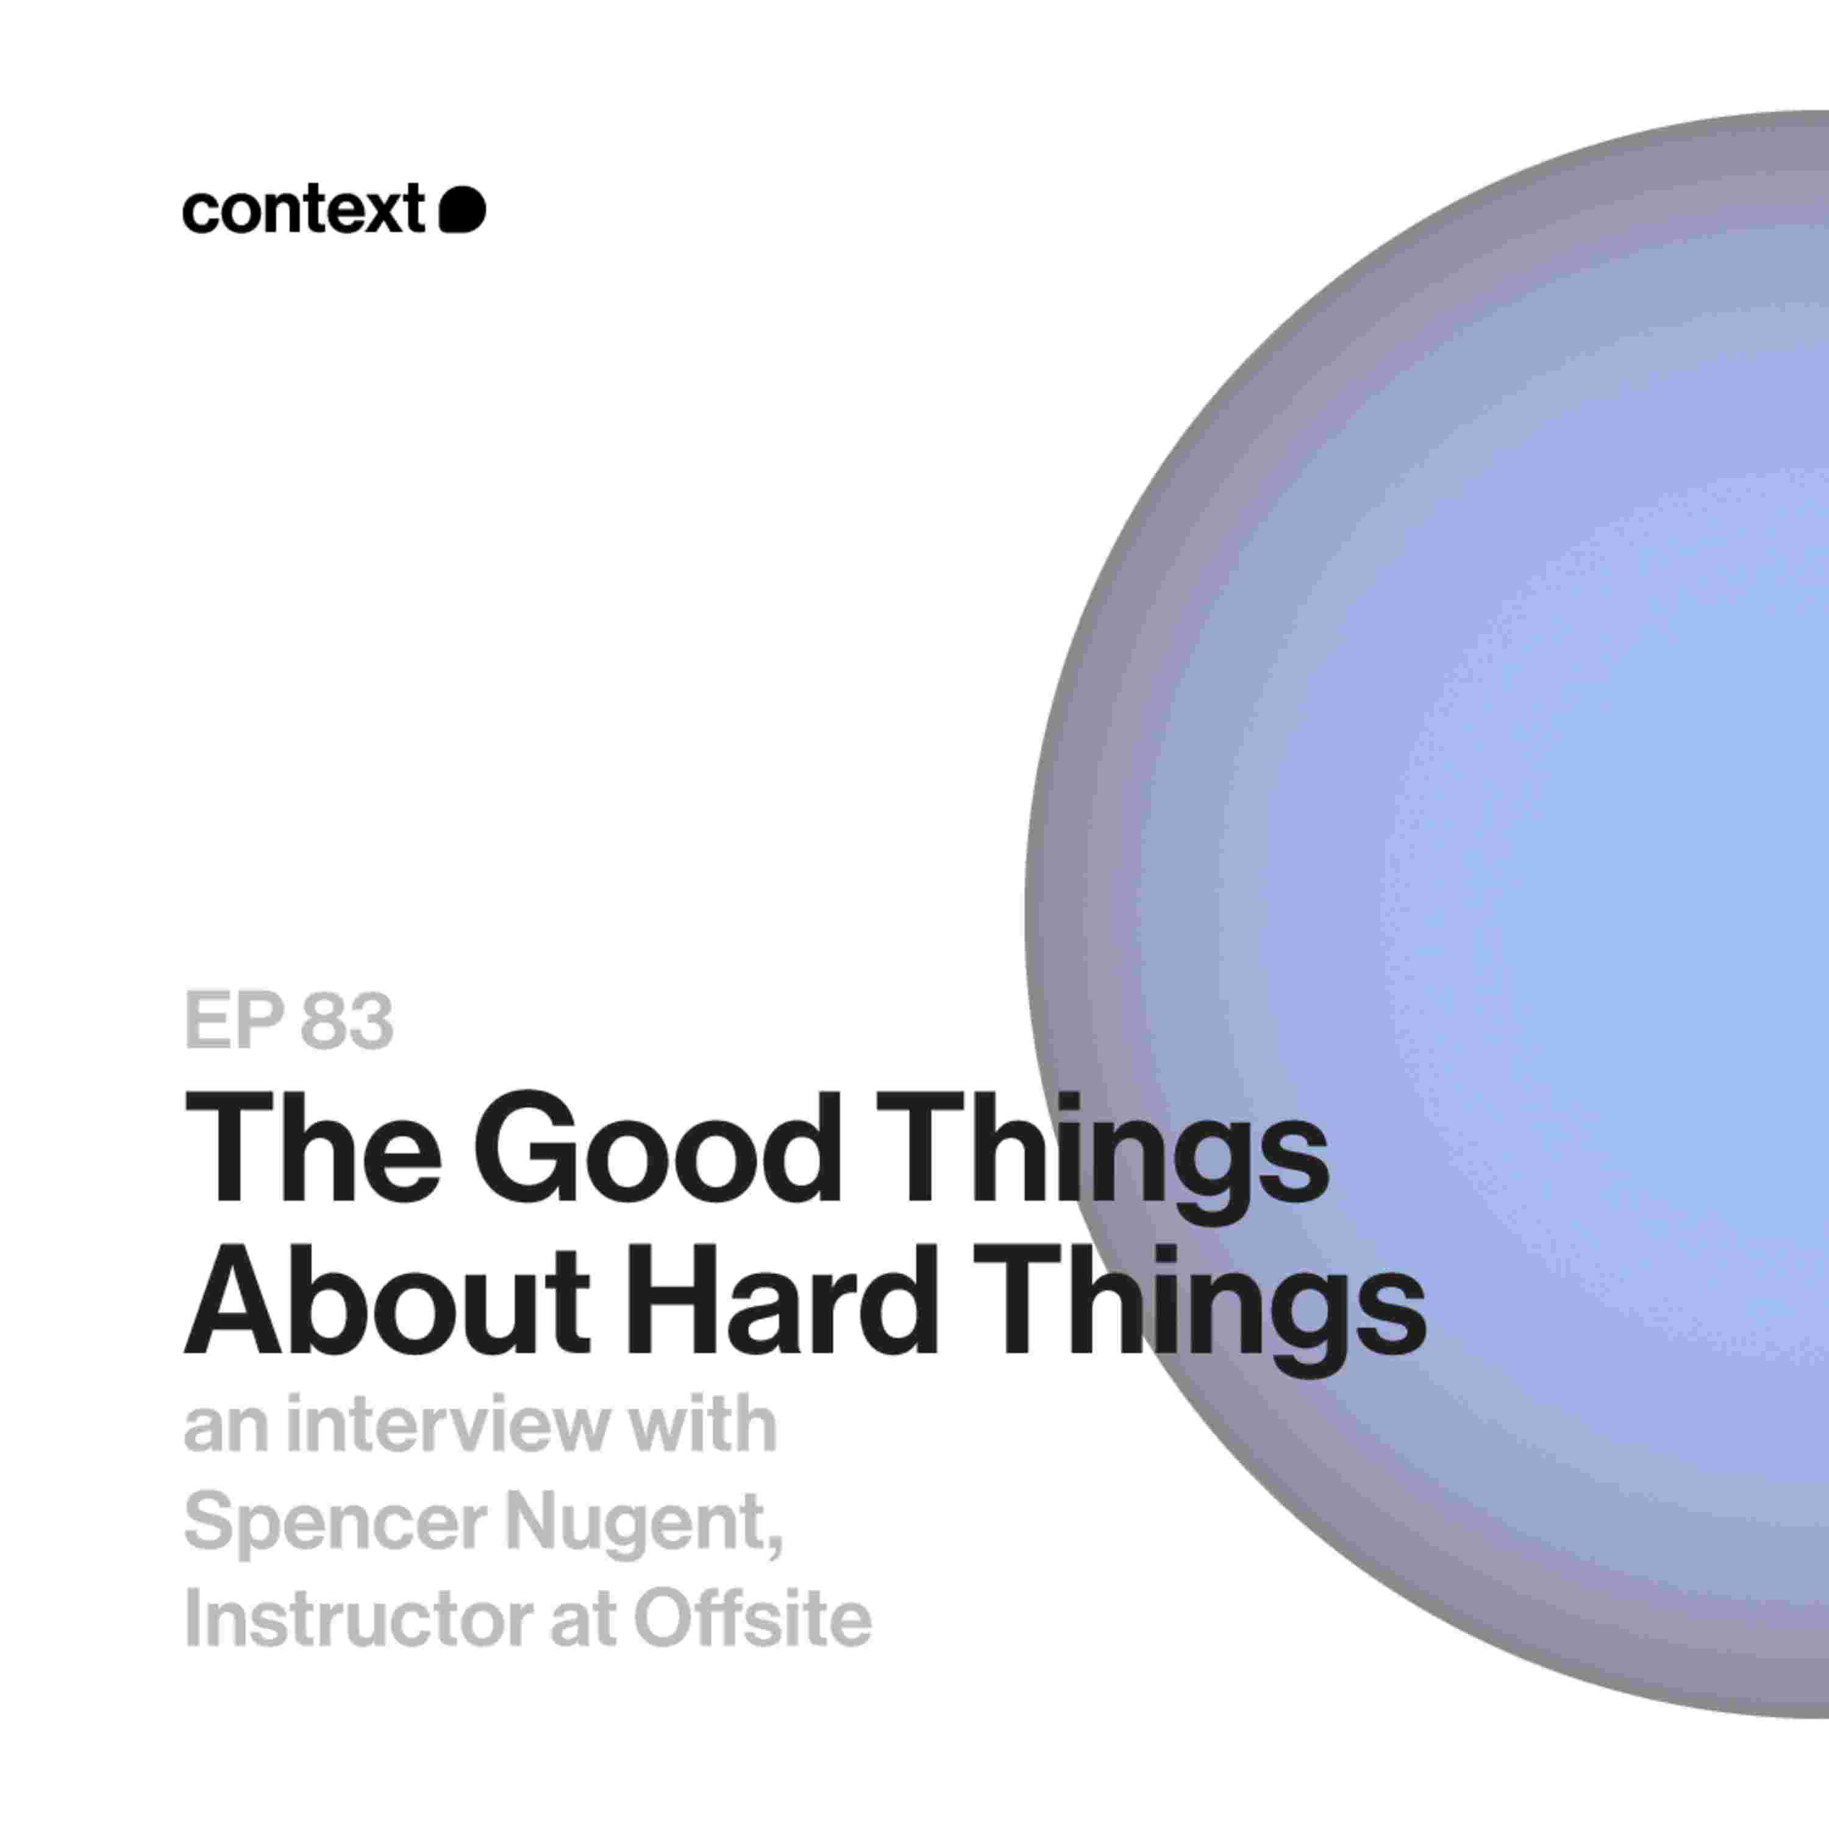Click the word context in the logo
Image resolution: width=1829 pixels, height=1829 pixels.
[303, 210]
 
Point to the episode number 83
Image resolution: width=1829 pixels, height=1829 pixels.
[346, 1021]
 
